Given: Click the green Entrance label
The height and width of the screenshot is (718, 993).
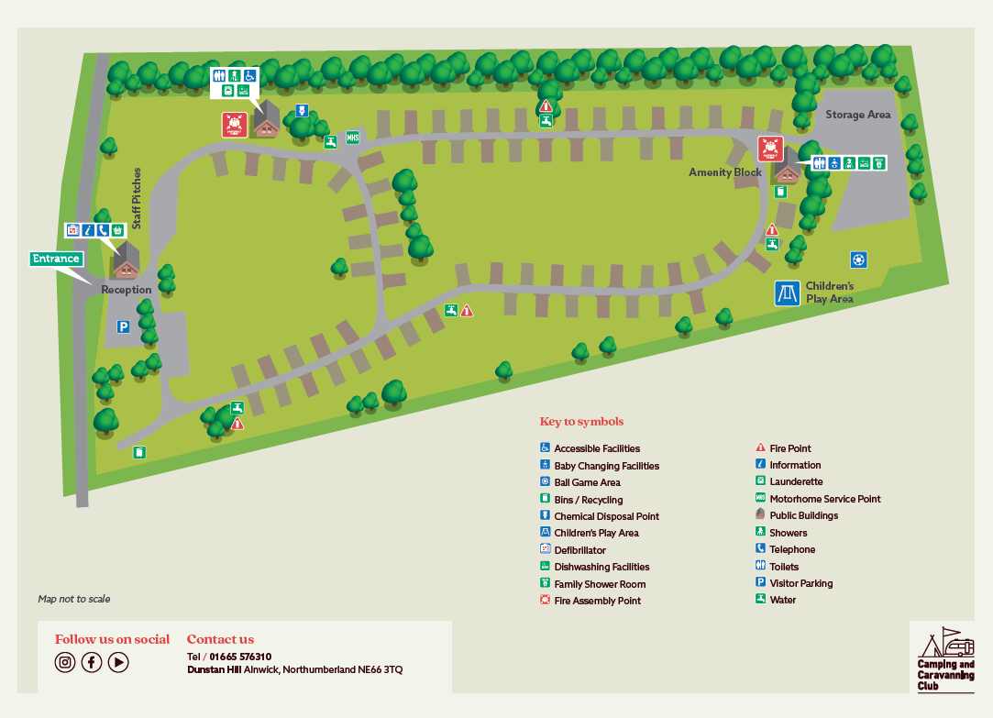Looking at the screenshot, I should coord(56,259).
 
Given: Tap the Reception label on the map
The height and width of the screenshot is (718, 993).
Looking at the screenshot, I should coord(126,290).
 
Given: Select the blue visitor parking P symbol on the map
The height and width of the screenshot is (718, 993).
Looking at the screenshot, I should coord(122,326).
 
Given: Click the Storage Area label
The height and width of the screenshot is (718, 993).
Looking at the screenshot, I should coord(857,115).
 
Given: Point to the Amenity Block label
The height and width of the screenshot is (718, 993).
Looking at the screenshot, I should coord(724,172).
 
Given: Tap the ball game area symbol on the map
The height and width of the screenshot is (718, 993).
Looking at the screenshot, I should coord(858,260).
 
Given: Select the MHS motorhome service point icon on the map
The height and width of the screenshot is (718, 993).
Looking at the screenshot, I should coord(352,138).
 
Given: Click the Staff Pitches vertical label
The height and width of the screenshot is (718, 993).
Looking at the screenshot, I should coord(137,198).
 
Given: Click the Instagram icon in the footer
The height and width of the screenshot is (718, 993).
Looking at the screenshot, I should coord(64,662).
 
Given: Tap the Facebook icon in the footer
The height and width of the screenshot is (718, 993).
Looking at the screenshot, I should coord(92,662).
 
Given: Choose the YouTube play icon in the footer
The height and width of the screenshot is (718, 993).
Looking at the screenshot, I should coord(118,662).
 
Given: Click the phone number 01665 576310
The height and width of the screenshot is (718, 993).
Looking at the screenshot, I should coord(240,657).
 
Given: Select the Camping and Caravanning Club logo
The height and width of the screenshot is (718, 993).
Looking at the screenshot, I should coord(945,659).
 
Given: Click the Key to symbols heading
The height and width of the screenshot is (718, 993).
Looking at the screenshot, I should coord(581,422).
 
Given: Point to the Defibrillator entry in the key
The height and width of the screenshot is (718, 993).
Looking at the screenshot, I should coord(579,550).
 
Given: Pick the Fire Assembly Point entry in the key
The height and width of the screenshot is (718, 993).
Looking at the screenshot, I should coord(597,601).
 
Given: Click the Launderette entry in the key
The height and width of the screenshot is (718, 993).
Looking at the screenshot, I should coord(796,481).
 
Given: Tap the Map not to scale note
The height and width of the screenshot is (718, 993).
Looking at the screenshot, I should coord(74,599).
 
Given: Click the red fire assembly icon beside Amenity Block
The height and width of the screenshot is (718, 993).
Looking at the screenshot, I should coord(769,148).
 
